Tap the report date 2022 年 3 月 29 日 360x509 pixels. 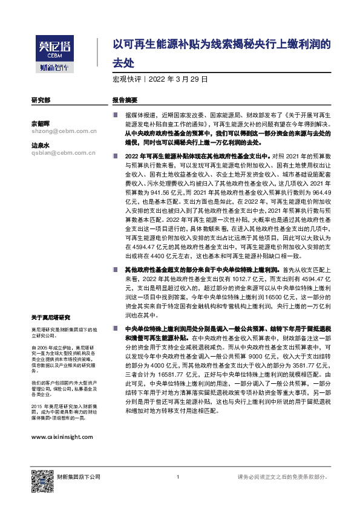pos(179,79)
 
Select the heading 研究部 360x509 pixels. pos(41,100)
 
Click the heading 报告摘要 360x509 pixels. pos(125,100)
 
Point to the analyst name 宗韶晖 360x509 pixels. pos(41,123)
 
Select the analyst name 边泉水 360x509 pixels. pos(41,146)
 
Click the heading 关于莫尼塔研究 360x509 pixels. pos(51,317)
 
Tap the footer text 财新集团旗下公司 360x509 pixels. pos(79,477)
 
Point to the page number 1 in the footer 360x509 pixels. pos(178,477)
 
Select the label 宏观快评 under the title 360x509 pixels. pos(126,79)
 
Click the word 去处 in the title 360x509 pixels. pos(123,62)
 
